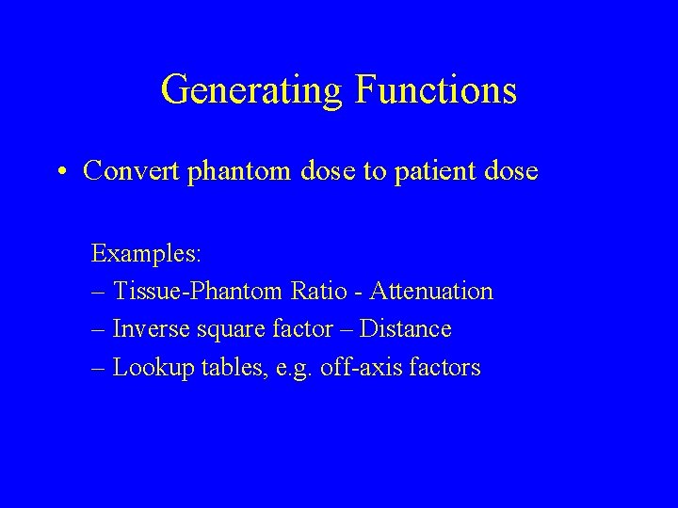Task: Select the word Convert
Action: pos(123,170)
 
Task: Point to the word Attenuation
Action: pos(431,292)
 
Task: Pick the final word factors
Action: pos(443,367)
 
